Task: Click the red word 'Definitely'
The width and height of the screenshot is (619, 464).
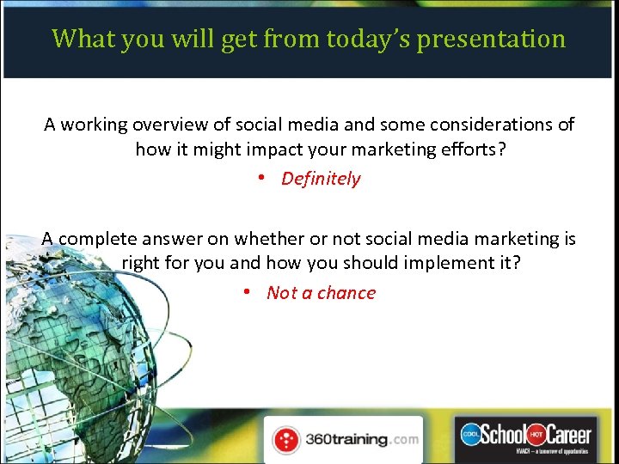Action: [321, 179]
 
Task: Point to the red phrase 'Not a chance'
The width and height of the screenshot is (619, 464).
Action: [321, 293]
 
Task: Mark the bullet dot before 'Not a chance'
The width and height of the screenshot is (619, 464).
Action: [247, 293]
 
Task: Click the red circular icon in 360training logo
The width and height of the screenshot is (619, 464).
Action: [285, 440]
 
